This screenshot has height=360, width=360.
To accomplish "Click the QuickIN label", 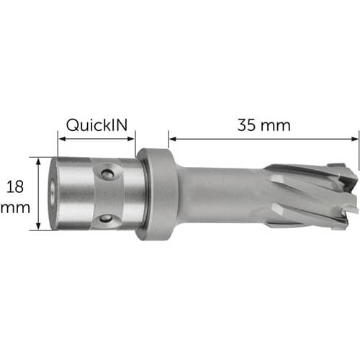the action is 96,125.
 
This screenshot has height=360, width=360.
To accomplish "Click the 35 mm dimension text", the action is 264,125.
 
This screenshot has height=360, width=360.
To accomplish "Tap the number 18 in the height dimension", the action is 15,187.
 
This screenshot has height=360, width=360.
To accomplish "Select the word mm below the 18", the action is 15,208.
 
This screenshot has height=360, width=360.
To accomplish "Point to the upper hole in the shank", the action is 107,173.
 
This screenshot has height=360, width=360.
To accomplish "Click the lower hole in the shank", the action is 106,218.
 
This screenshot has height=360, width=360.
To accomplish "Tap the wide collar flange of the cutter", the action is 157,194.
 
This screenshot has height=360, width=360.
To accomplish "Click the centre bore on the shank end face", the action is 52,193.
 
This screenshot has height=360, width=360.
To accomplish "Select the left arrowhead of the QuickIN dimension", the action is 62,139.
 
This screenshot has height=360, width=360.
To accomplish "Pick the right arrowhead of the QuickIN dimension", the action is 131,139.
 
